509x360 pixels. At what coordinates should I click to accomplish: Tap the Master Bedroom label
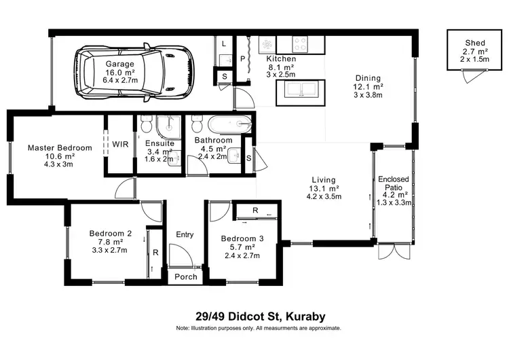pos(60,147)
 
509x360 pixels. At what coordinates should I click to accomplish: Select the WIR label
pos(120,144)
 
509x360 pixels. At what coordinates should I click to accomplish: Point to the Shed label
pos(466,42)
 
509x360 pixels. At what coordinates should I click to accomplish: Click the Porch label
pos(186,276)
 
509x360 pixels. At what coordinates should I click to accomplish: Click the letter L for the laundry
pos(223,43)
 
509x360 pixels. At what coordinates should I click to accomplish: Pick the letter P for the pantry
pos(242,59)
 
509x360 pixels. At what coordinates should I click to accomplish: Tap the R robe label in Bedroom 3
pos(254,211)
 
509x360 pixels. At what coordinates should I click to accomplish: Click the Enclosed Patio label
pos(394,184)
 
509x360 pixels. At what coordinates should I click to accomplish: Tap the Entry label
pos(185,234)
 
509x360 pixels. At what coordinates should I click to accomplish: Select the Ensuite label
pos(160,143)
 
